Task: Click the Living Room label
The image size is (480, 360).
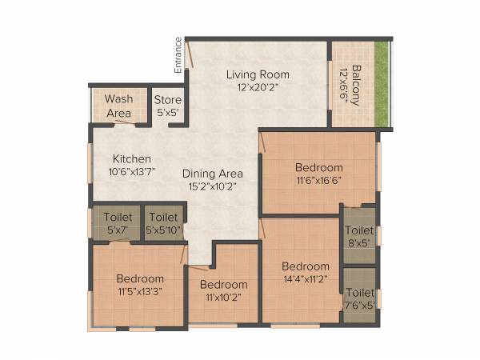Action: pyautogui.click(x=257, y=74)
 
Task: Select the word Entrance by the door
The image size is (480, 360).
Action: pyautogui.click(x=178, y=54)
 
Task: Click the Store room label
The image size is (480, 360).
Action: pyautogui.click(x=168, y=100)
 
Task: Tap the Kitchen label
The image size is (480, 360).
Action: pyautogui.click(x=131, y=158)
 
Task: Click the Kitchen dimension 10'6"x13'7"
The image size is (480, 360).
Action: pyautogui.click(x=132, y=171)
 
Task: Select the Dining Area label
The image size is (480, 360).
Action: pyautogui.click(x=212, y=173)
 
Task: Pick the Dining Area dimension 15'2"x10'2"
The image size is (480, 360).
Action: pyautogui.click(x=212, y=186)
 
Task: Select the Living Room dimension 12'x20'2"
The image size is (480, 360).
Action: pyautogui.click(x=257, y=87)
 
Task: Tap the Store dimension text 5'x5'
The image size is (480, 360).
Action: pyautogui.click(x=168, y=113)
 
